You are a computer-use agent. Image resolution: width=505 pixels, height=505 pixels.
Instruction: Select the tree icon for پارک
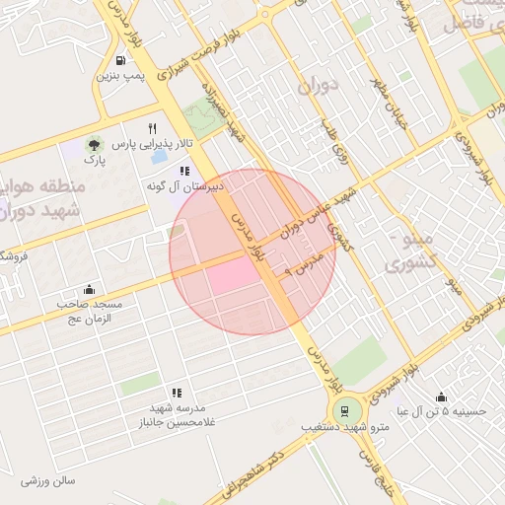[94, 144]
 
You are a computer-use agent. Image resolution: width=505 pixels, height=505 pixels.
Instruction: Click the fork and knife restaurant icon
[152, 129]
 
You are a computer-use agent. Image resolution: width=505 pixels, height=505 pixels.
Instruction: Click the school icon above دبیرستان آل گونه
[184, 171]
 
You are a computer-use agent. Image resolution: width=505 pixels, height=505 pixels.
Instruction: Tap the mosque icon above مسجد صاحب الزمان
[90, 289]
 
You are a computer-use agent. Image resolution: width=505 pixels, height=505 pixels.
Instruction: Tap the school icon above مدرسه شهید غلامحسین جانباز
[177, 393]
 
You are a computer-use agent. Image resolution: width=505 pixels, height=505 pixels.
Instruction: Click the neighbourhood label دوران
[317, 86]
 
